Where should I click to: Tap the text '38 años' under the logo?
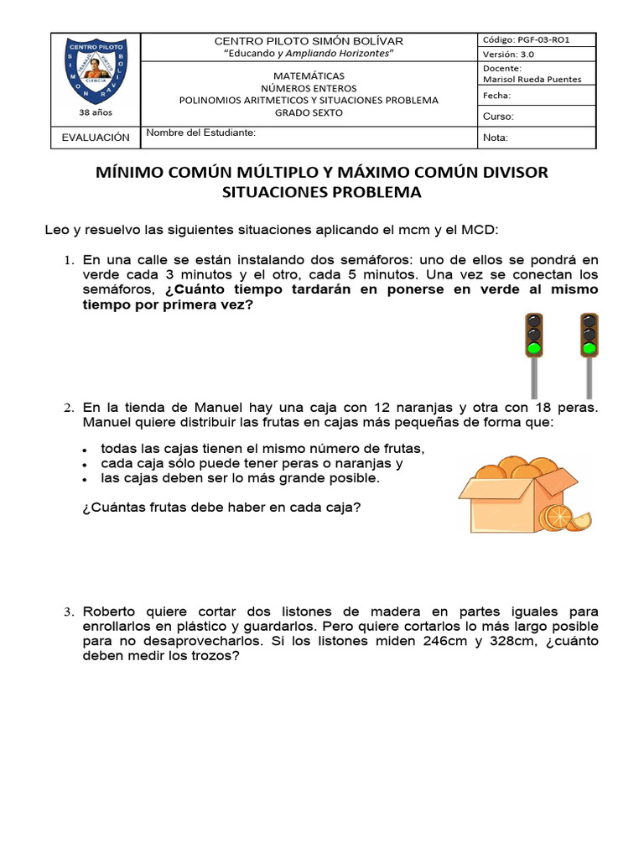95,111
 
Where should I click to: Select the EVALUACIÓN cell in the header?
96,137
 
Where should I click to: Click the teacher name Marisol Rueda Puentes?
532,80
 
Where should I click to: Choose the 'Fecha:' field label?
498,96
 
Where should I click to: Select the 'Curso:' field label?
499,117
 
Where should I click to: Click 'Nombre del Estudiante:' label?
201,133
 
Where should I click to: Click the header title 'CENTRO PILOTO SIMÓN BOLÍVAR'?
309,41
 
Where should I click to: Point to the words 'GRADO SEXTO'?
309,113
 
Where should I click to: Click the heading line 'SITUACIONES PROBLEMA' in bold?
322,192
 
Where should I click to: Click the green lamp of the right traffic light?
589,346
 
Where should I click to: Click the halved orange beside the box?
556,517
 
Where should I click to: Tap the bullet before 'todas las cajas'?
86,450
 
